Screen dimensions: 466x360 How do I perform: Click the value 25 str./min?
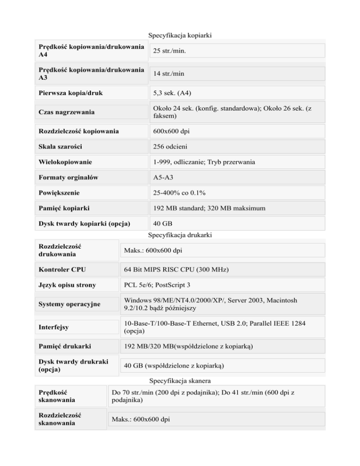click(x=169, y=50)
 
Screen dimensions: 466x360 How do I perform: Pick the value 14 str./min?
click(x=168, y=74)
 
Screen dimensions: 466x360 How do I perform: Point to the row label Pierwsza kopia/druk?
click(x=70, y=93)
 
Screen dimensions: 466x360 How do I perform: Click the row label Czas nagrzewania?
click(x=67, y=112)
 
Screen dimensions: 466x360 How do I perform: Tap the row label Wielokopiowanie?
click(x=66, y=162)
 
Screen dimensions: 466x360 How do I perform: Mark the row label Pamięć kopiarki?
click(x=65, y=208)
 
